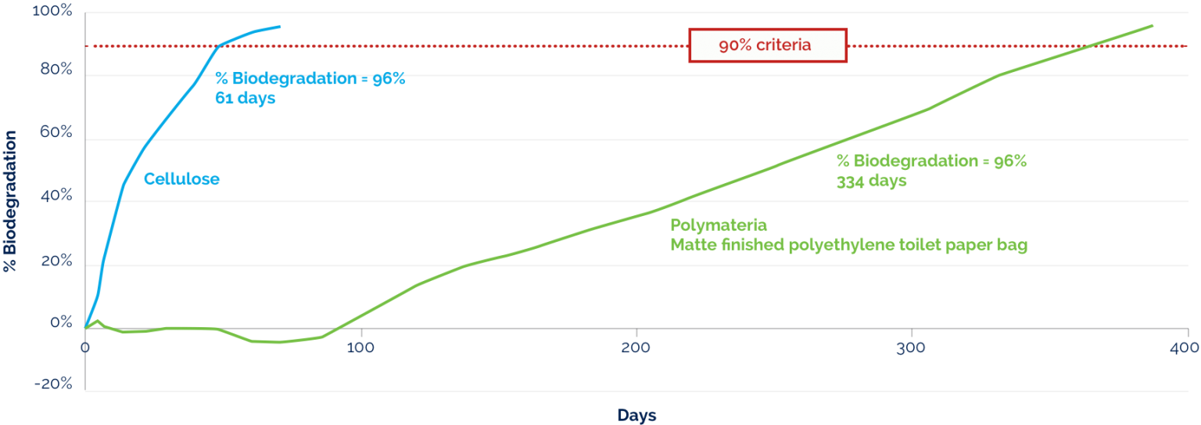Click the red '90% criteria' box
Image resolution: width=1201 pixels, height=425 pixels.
(x=767, y=45)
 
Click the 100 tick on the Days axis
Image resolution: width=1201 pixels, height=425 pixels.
(x=359, y=347)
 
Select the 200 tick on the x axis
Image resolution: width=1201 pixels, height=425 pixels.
(x=635, y=347)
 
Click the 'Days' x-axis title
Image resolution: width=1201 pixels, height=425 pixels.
(x=636, y=415)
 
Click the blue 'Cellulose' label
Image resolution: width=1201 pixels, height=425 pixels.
(x=181, y=179)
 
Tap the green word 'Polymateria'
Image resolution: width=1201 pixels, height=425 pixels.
(x=713, y=225)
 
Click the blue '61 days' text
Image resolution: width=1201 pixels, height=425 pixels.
(x=245, y=99)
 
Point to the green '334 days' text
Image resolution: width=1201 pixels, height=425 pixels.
(x=871, y=181)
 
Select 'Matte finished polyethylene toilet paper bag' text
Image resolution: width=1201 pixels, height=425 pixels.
(x=848, y=245)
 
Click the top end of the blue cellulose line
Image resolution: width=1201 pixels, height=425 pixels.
(x=280, y=27)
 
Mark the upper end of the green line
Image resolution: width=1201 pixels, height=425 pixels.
(x=1153, y=25)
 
